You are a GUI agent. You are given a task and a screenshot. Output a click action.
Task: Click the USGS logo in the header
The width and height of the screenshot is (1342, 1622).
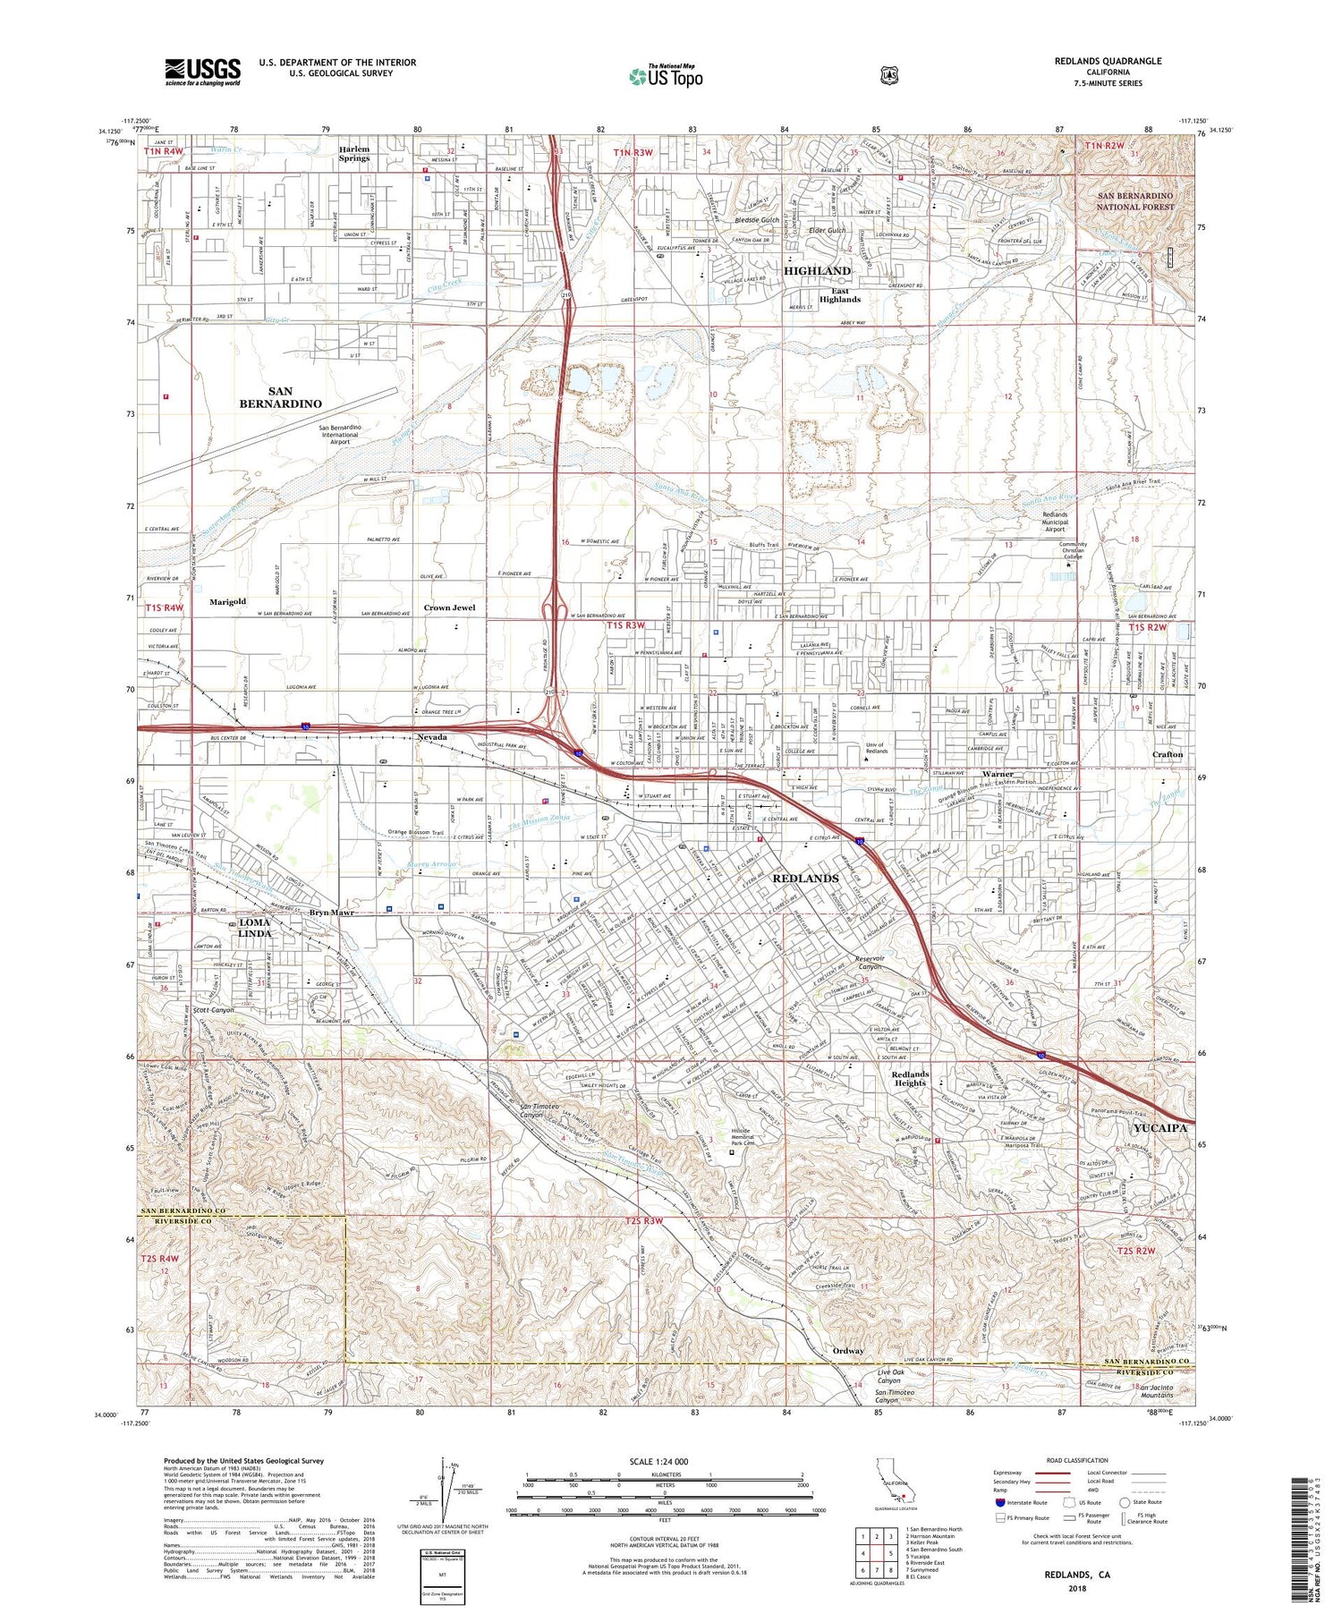pos(202,72)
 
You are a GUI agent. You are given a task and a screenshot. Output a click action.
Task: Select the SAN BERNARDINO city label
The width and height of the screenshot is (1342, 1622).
pos(280,397)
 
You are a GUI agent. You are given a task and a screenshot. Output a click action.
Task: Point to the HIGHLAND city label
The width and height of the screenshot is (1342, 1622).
pos(817,270)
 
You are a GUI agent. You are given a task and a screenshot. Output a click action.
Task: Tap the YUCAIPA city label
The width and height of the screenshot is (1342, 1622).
pos(1160,1127)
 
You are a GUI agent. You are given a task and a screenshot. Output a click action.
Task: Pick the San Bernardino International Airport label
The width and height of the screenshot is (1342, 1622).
pos(339,434)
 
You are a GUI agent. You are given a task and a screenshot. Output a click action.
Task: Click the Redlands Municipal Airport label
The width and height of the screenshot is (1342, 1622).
pos(1055,522)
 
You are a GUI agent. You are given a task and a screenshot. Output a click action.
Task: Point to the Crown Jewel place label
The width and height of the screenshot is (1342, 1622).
pos(449,607)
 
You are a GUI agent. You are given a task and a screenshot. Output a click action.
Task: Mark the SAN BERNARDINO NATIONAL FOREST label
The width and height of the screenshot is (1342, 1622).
pos(1134,200)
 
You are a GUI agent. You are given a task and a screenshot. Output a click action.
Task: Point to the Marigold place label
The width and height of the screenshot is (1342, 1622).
pos(227,602)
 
